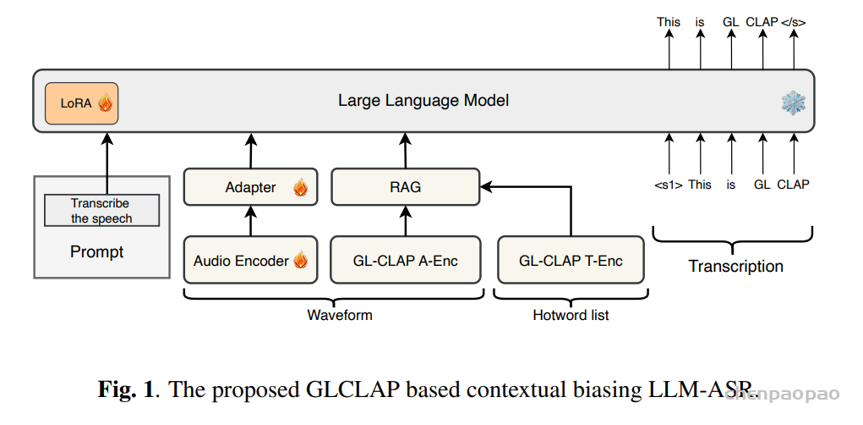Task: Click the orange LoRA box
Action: pyautogui.click(x=81, y=103)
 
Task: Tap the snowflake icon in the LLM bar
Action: pyautogui.click(x=793, y=103)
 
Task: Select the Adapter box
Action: pyautogui.click(x=250, y=187)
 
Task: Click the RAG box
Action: pyautogui.click(x=405, y=187)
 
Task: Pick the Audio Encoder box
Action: pyautogui.click(x=250, y=260)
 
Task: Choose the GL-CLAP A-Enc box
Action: pyautogui.click(x=405, y=260)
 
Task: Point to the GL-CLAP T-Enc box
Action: pyautogui.click(x=571, y=260)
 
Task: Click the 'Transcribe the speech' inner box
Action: pyautogui.click(x=101, y=211)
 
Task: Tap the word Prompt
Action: pyautogui.click(x=96, y=251)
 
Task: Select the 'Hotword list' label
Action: pyautogui.click(x=571, y=315)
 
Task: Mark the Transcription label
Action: pyautogui.click(x=735, y=266)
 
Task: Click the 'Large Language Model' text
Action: pyautogui.click(x=423, y=100)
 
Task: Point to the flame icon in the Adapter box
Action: pyautogui.click(x=300, y=188)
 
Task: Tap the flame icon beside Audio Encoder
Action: pyautogui.click(x=300, y=261)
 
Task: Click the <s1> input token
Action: pyautogui.click(x=669, y=184)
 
